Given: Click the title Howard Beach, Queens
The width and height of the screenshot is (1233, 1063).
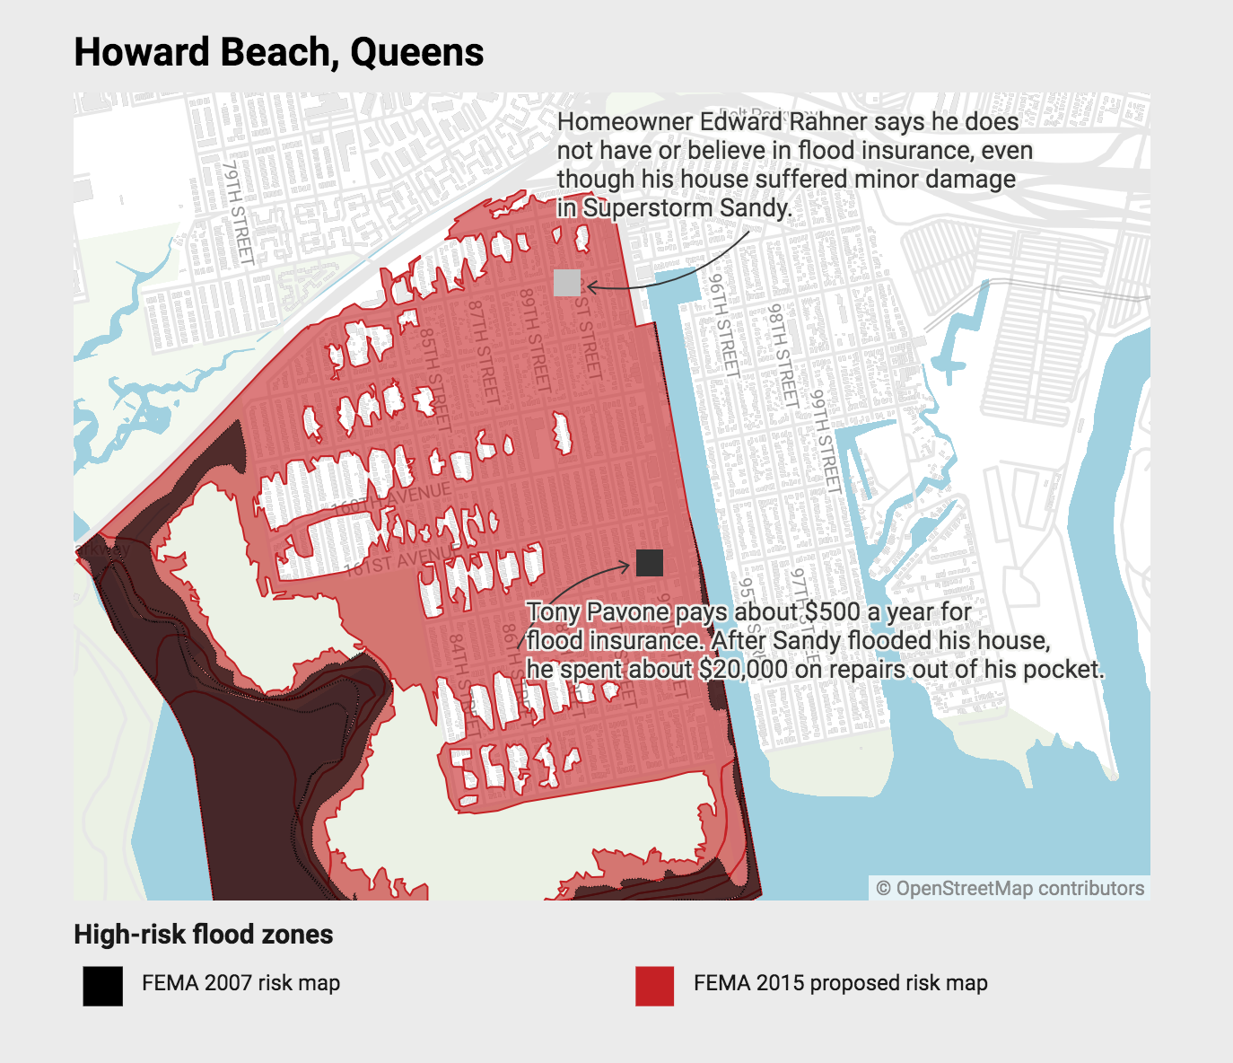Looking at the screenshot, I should (278, 52).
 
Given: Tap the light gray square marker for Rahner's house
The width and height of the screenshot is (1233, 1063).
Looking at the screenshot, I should (567, 283).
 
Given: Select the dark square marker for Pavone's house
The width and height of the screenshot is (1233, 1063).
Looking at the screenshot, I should (650, 563).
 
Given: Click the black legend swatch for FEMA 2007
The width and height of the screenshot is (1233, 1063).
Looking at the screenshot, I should (102, 986).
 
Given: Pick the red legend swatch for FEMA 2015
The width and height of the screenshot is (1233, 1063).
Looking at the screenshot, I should (654, 986).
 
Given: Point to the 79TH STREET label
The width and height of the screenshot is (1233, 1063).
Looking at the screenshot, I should (238, 213).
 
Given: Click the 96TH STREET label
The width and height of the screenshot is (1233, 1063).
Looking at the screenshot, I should (724, 324).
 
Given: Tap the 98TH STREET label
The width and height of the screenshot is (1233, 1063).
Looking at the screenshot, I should (782, 356).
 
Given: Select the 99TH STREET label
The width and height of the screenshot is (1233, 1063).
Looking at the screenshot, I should (826, 441).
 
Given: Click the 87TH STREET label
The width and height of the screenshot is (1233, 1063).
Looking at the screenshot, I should (483, 350).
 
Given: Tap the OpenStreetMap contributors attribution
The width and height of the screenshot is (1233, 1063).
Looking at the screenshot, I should (1010, 888).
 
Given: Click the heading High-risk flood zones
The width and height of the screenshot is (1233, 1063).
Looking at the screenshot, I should (203, 935).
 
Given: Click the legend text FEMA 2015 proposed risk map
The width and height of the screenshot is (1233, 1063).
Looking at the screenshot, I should (840, 983).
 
